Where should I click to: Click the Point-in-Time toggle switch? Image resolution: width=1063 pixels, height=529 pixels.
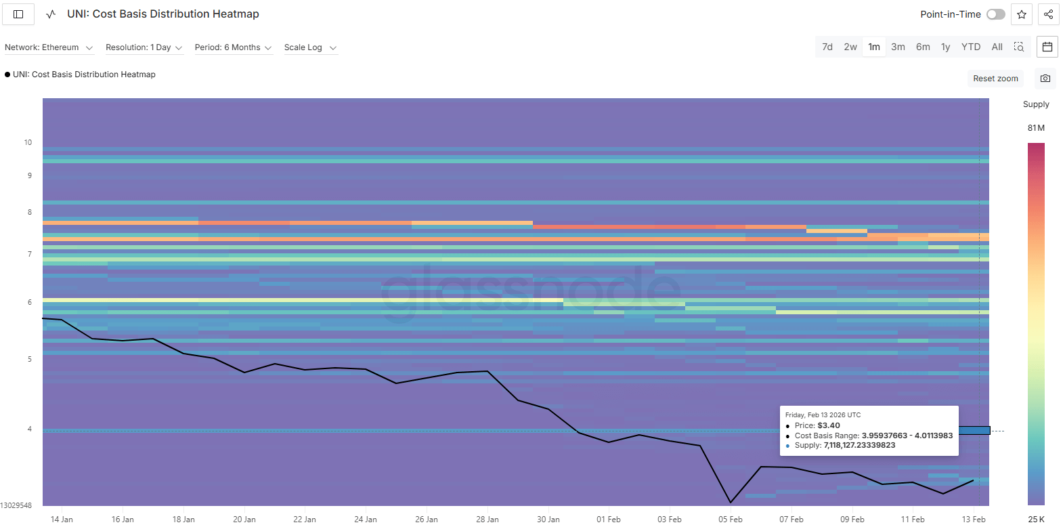[995, 14]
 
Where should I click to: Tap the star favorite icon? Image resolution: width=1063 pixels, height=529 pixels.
[1022, 14]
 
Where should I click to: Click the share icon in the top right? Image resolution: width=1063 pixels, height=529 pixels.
[1048, 14]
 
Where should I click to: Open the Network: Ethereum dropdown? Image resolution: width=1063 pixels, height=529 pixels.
[49, 47]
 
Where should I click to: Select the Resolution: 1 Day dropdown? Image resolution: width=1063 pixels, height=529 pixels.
[144, 47]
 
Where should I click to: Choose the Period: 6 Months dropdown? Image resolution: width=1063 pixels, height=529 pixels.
[233, 47]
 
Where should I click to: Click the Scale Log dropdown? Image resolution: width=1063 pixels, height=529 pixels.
[310, 47]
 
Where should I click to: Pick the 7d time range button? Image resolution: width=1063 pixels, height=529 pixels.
[827, 47]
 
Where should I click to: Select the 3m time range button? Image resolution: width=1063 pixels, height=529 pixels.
[898, 47]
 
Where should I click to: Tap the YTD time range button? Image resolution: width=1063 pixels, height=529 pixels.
[971, 47]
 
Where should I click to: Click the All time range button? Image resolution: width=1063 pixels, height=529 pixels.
[997, 47]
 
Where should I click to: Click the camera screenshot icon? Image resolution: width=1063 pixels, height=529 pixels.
[1045, 79]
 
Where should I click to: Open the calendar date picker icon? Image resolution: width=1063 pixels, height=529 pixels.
[1047, 47]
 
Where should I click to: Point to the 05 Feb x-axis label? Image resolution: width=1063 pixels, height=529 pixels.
[730, 520]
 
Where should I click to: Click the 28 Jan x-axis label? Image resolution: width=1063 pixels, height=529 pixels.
[487, 520]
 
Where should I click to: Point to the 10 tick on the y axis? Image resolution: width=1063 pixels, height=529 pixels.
[28, 142]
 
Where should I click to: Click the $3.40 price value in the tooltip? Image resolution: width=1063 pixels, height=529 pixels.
[829, 425]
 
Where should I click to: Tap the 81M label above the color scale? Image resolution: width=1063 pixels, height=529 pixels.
[1036, 128]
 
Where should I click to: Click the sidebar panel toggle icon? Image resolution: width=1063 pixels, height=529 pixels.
[18, 14]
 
